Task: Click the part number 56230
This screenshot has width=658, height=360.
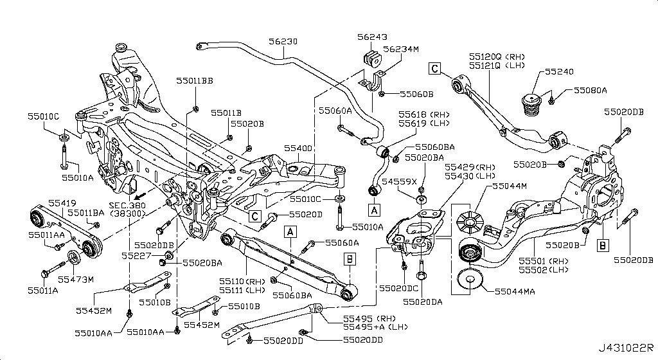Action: click(283, 40)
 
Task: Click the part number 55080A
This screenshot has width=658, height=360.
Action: click(590, 91)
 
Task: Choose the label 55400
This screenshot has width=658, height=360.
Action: click(298, 148)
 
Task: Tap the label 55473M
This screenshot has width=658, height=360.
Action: click(76, 280)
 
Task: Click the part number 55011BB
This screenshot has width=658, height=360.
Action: click(195, 81)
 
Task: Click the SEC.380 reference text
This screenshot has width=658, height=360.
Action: click(128, 204)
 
